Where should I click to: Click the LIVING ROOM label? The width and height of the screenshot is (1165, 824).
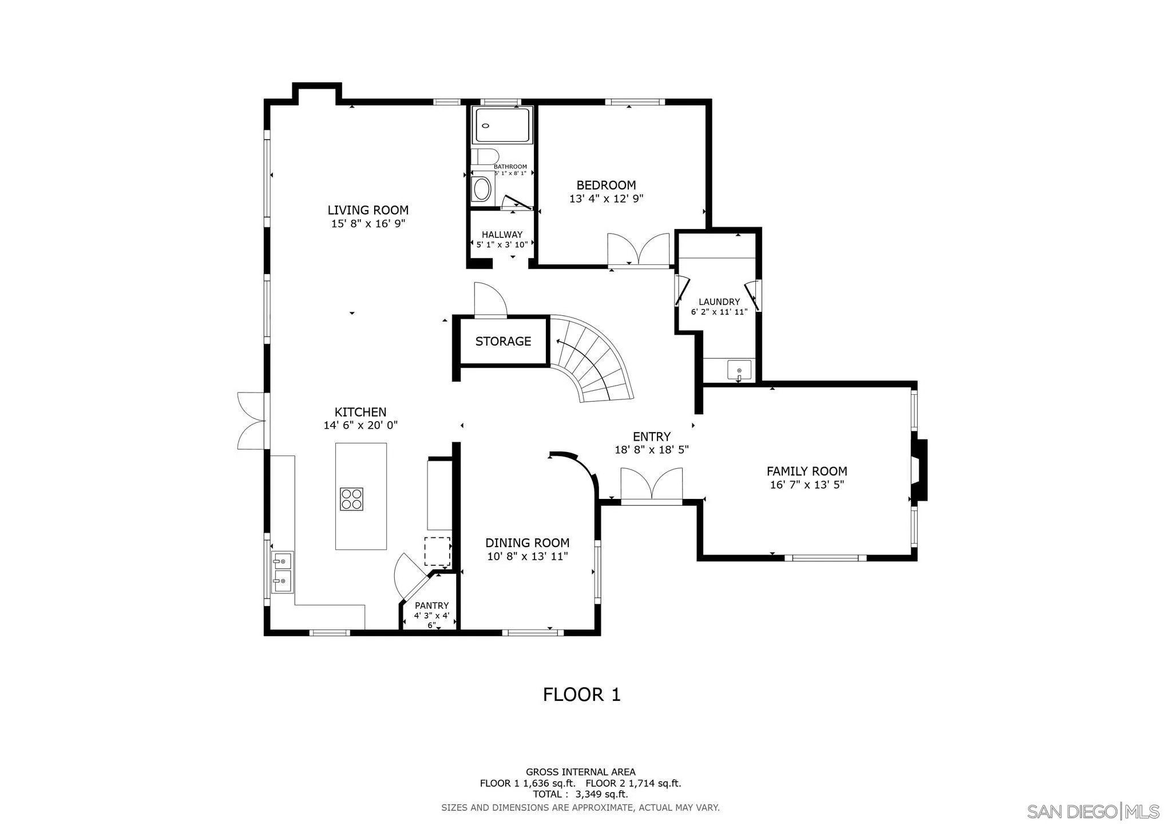pyautogui.click(x=368, y=210)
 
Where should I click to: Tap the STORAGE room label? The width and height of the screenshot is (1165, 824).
pyautogui.click(x=503, y=341)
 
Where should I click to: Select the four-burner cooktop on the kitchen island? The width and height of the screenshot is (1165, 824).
pyautogui.click(x=351, y=498)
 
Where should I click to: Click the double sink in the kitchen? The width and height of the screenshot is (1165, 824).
pyautogui.click(x=282, y=572)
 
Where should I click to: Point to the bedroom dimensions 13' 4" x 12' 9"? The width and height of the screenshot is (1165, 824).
pyautogui.click(x=606, y=199)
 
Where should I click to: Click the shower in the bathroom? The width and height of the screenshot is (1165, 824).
pyautogui.click(x=502, y=125)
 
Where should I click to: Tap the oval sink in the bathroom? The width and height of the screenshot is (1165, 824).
pyautogui.click(x=482, y=189)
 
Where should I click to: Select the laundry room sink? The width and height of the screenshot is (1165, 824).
pyautogui.click(x=739, y=370)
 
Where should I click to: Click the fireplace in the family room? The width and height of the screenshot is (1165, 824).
pyautogui.click(x=919, y=469)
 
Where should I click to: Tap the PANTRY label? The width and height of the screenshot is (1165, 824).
pyautogui.click(x=432, y=605)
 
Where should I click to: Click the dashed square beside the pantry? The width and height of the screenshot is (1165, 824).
pyautogui.click(x=437, y=551)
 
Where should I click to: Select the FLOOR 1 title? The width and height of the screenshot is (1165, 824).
pyautogui.click(x=581, y=695)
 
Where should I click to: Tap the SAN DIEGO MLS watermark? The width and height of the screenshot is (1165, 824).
pyautogui.click(x=1093, y=811)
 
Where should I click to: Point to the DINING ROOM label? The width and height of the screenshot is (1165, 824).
pyautogui.click(x=527, y=543)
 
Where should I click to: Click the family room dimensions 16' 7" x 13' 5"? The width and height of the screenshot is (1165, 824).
pyautogui.click(x=807, y=485)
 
